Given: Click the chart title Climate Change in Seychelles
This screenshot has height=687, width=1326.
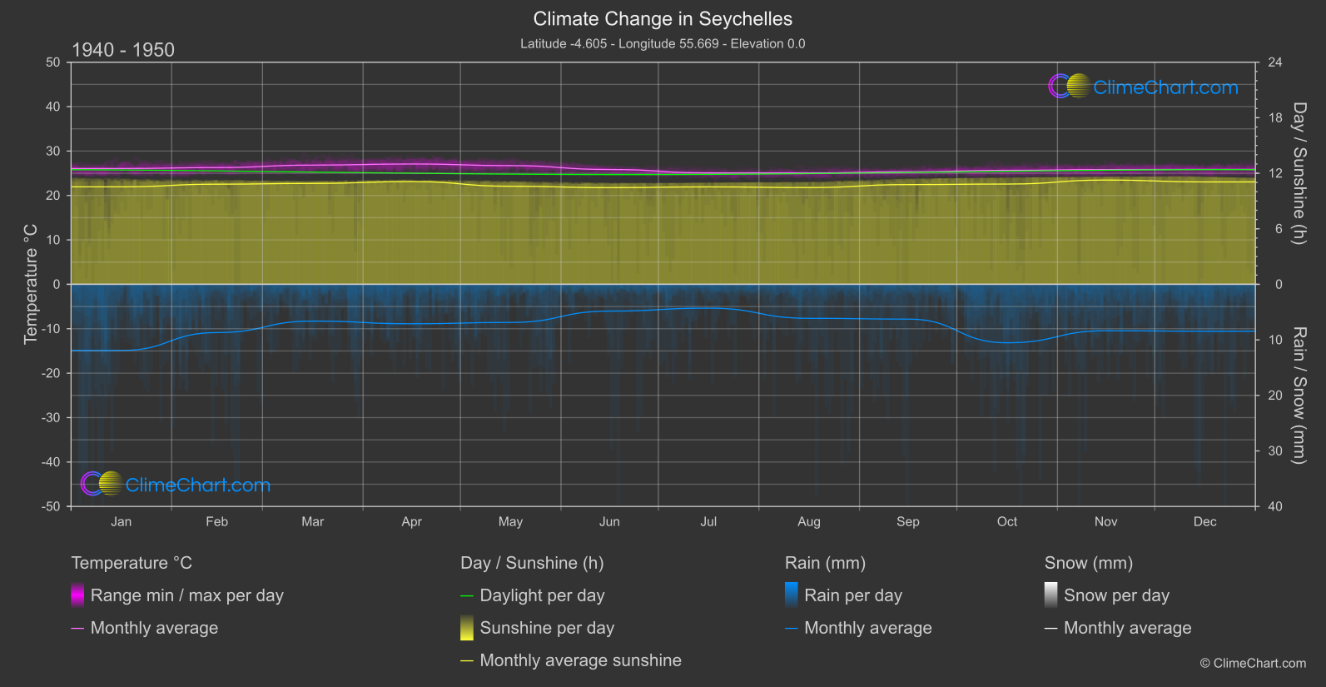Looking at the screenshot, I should [x=663, y=19].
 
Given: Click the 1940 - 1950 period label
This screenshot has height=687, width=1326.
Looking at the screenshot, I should [x=123, y=50].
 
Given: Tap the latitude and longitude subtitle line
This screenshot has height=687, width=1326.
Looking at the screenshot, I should [x=663, y=44].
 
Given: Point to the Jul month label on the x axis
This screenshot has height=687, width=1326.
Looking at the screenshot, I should [x=708, y=522].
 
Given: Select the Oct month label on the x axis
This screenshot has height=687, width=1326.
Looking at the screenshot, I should [x=1006, y=522].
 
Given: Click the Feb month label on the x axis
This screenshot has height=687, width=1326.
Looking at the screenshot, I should [x=216, y=522].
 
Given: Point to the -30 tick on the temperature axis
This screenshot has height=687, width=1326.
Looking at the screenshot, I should [x=52, y=418].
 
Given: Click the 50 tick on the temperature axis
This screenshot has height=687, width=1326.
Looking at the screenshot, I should [x=53, y=62].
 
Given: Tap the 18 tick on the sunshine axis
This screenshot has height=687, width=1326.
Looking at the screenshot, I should [x=1275, y=118].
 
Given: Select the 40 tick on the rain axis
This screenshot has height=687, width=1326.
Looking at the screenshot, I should [x=1275, y=506].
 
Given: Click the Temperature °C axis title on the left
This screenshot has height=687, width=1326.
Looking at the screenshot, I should [x=31, y=284].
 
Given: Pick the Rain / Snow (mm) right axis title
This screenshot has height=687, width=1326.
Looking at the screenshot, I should [x=1299, y=396].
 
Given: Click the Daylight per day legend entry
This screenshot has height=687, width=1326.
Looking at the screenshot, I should [x=542, y=595].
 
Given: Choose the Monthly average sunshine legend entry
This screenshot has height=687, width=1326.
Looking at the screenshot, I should [x=580, y=660].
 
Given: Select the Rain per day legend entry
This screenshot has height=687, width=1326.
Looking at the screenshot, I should [x=852, y=595].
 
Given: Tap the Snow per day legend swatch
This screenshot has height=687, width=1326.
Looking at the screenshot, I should [x=1050, y=595].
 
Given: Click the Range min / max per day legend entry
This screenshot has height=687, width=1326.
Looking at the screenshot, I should [x=186, y=595].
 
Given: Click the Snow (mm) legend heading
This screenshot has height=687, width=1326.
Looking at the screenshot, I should [x=1088, y=563].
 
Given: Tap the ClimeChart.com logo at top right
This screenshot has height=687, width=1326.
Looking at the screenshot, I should [x=1144, y=87].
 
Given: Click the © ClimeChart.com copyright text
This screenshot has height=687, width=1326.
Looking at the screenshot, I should [x=1253, y=664].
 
